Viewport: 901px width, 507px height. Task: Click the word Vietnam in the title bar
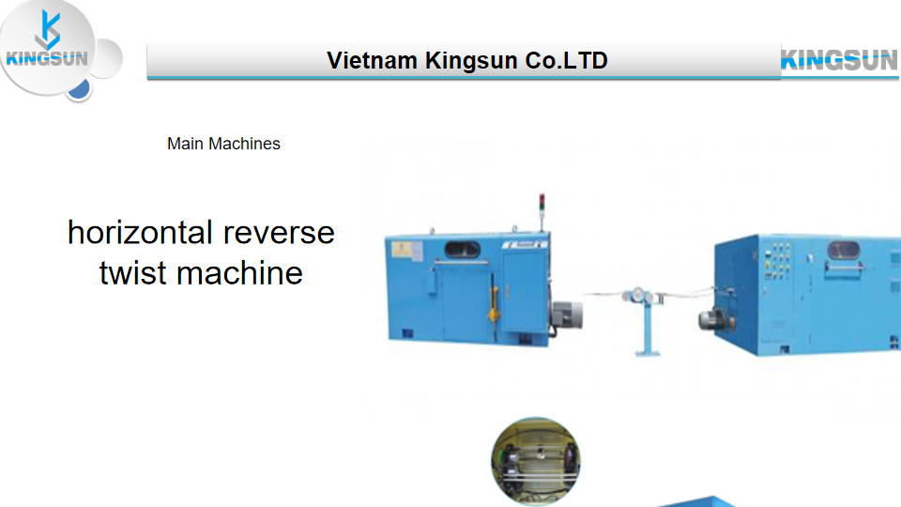coord(372,60)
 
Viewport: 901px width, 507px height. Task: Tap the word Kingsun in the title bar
coord(471,61)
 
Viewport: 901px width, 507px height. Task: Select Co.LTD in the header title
coord(566,60)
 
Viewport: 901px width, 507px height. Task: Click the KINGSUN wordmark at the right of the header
coord(839,60)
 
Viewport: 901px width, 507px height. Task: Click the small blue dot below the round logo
coord(79,89)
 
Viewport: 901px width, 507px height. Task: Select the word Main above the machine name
coord(185,144)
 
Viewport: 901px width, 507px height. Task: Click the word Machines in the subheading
coord(244,144)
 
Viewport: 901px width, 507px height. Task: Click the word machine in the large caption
coord(239,273)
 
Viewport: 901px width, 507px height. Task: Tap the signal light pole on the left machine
coord(542,213)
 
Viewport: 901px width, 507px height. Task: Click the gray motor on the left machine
coord(567,315)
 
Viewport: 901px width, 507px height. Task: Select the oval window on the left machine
coord(462,250)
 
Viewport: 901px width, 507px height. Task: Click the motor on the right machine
coord(716,319)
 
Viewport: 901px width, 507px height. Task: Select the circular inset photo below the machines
coord(536,461)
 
